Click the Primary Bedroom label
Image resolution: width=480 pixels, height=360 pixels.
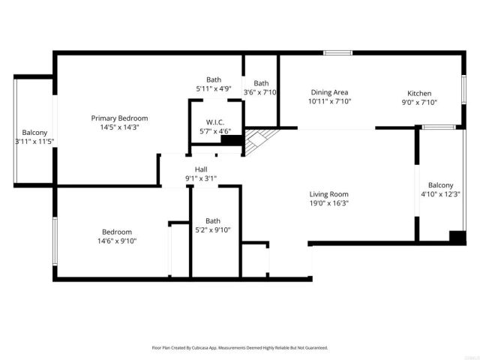[119, 118]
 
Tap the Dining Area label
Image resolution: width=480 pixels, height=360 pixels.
[330, 92]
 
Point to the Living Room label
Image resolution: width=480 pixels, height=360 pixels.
[329, 193]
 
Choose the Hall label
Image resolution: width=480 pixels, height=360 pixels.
[201, 169]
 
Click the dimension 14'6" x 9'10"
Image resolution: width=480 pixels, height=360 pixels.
[117, 241]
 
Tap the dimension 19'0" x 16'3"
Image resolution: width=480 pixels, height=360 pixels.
[329, 202]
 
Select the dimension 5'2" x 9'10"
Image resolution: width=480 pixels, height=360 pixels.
[213, 229]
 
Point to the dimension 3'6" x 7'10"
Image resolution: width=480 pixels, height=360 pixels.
[261, 92]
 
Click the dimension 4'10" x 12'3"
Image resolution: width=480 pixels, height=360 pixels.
[440, 194]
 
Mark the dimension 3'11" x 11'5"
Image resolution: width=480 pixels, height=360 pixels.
[34, 141]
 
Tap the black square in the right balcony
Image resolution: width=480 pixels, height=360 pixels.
[457, 236]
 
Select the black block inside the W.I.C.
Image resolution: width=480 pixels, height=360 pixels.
[231, 139]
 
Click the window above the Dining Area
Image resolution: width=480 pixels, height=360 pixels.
[338, 52]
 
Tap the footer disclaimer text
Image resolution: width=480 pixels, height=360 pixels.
[239, 348]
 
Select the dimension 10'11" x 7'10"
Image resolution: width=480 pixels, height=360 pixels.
[330, 101]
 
